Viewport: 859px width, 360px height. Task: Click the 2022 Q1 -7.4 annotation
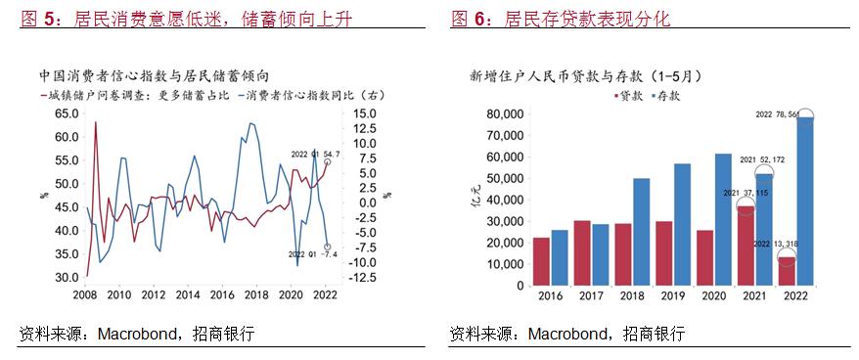[x=314, y=255]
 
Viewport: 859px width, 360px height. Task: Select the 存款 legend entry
[x=664, y=96]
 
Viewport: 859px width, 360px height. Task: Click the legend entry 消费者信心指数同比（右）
[x=298, y=95]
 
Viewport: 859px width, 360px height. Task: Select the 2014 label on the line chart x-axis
[x=185, y=294]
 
